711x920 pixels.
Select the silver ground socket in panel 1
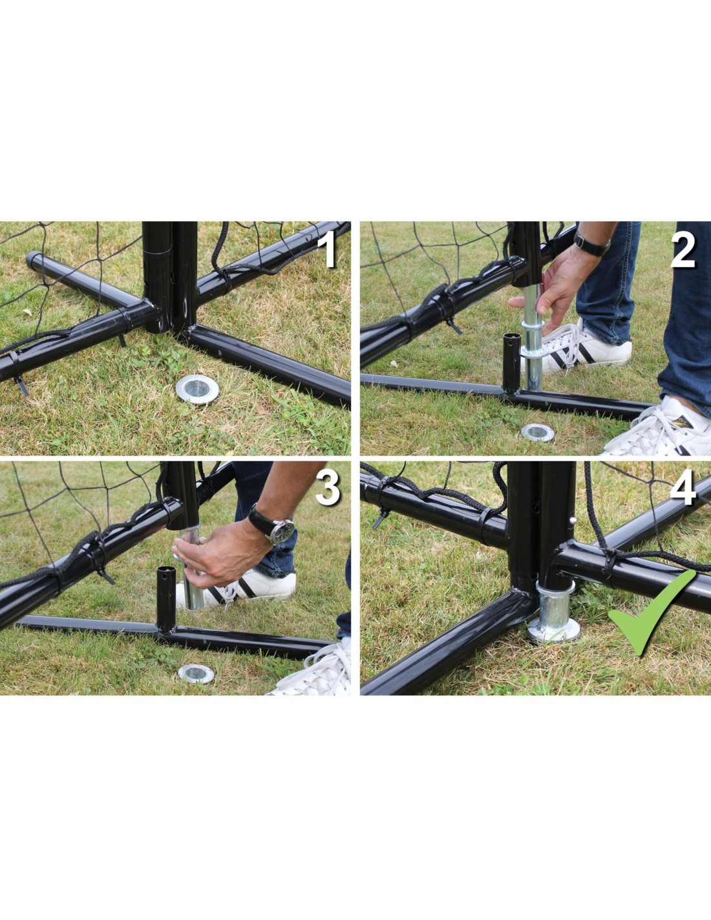(x=197, y=388)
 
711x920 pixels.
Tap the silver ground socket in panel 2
(x=538, y=432)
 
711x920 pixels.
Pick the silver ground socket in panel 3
(x=196, y=674)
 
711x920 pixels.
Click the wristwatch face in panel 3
(x=283, y=531)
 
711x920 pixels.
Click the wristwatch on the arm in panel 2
(x=591, y=246)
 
